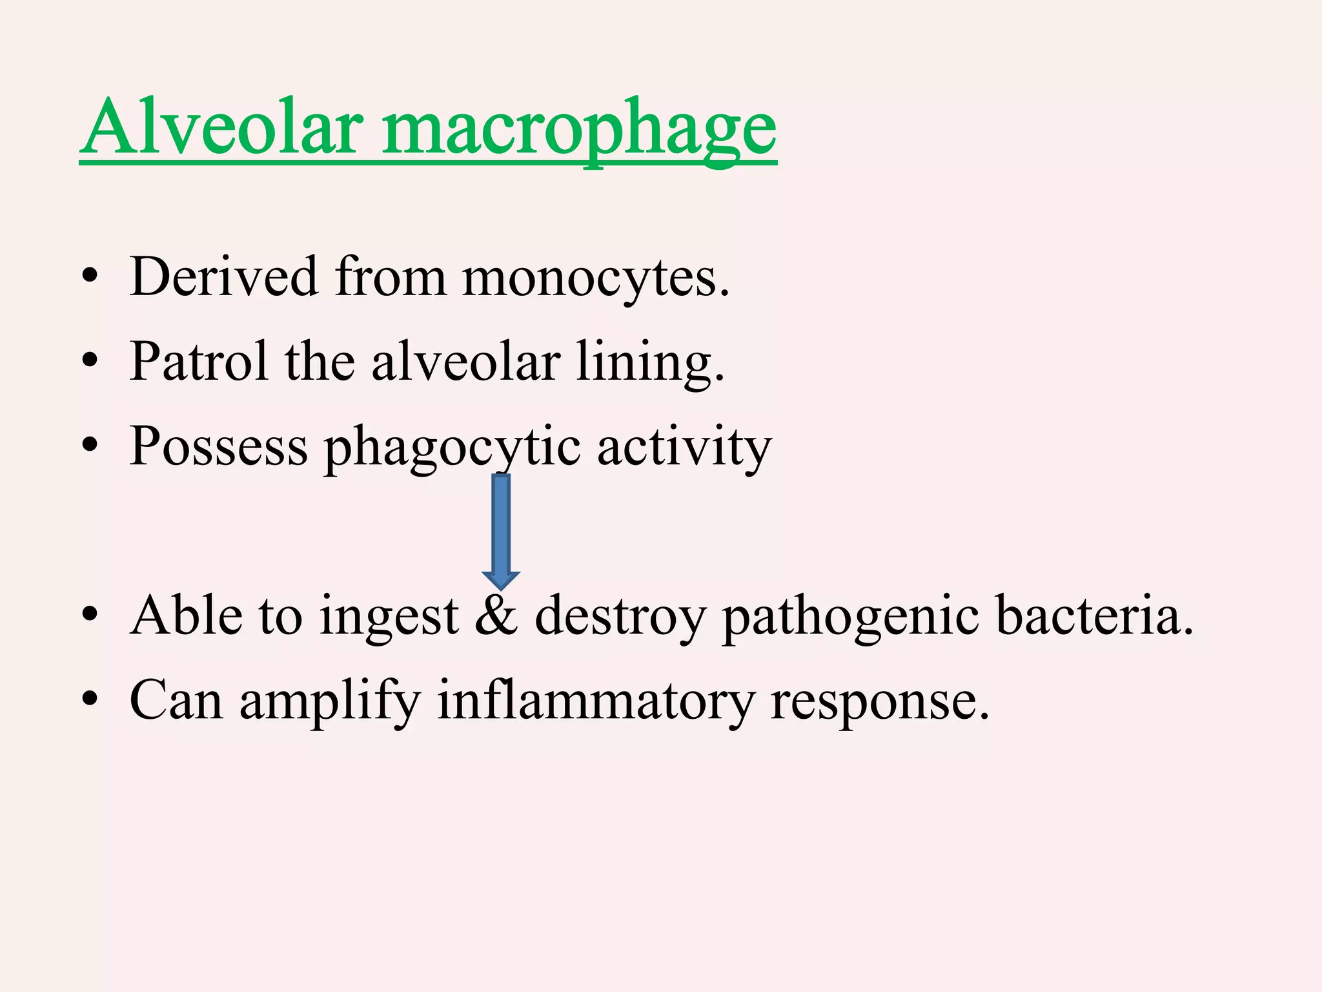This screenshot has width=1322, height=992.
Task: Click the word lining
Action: [649, 363]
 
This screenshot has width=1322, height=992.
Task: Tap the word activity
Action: [684, 447]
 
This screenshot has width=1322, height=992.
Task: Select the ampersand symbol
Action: [496, 615]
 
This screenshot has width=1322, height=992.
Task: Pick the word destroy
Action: [620, 617]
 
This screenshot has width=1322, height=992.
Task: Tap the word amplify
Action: [330, 701]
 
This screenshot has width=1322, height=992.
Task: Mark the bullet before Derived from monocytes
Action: [90, 278]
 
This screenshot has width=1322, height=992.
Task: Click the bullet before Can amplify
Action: [90, 700]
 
